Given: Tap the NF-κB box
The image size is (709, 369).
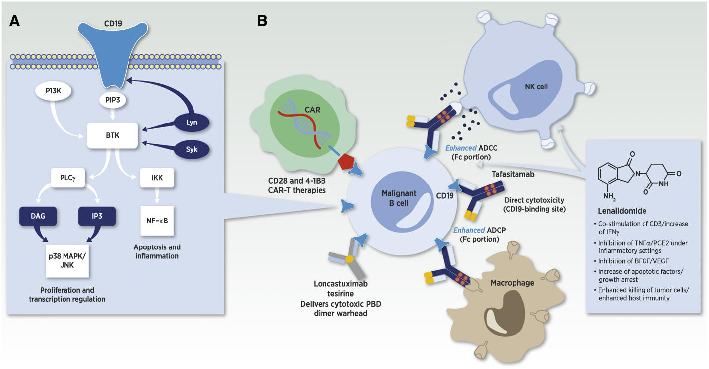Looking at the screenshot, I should [x=157, y=220].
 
